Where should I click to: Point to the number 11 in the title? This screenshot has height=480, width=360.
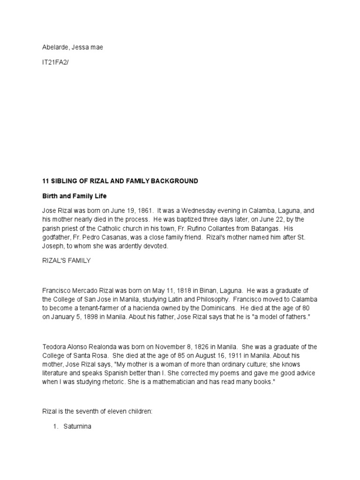(45, 181)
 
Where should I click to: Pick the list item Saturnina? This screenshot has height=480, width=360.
(80, 427)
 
